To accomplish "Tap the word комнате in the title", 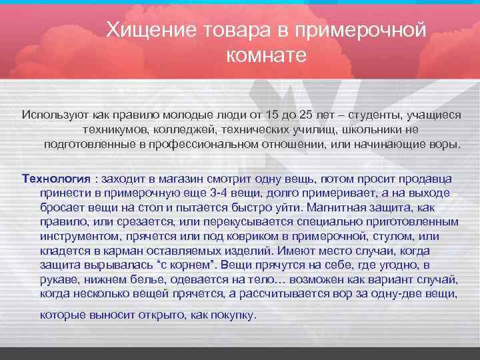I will point(266,55).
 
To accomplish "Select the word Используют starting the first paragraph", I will point(53,115).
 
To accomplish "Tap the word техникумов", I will point(116,129).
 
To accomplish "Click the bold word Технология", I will point(56,179).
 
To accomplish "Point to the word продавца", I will point(429,179).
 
